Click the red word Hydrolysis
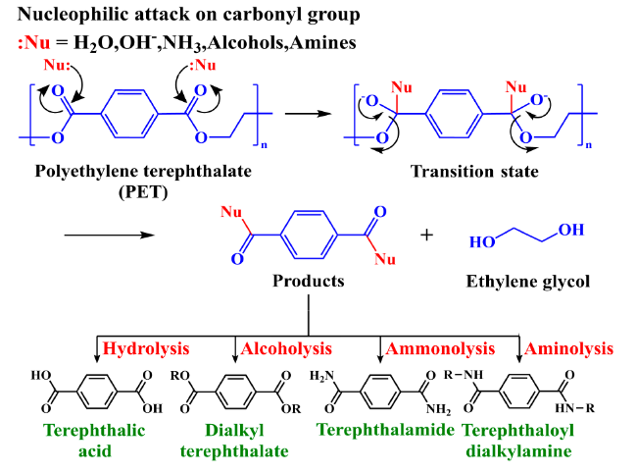(x=144, y=348)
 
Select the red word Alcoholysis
(x=287, y=348)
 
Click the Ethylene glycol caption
(x=527, y=282)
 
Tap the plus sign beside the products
(x=426, y=236)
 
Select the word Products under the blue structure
(x=310, y=282)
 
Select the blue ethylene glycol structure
(x=526, y=236)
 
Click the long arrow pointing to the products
(x=107, y=236)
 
